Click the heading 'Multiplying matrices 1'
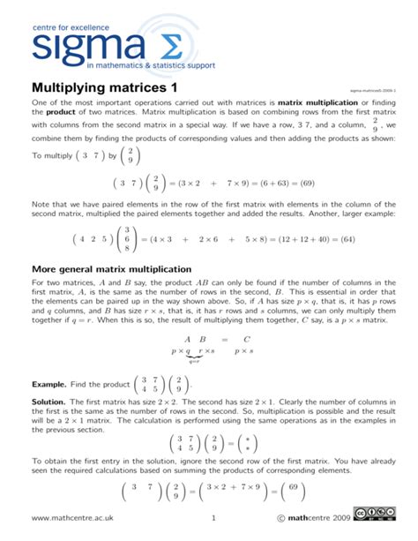pos(104,88)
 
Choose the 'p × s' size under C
pos(247,350)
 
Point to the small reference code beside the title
pos(373,90)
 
